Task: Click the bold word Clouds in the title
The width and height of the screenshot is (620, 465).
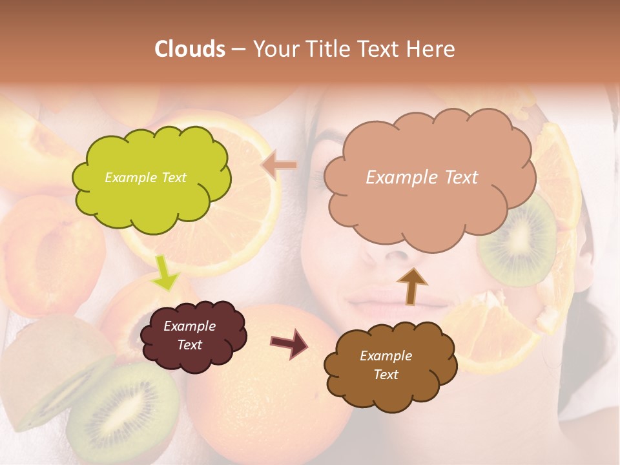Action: (x=190, y=49)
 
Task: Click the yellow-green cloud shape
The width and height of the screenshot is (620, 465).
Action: (x=150, y=178)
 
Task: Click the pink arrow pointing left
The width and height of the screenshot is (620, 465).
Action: (x=279, y=166)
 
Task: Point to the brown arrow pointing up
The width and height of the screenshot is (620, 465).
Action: (x=411, y=285)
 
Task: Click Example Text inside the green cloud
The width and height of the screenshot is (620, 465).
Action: (x=145, y=178)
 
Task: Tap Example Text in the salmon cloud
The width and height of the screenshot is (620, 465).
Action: (x=422, y=178)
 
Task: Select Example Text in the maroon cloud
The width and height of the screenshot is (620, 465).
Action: (x=189, y=336)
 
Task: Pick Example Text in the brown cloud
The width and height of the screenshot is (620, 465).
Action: (x=386, y=366)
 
